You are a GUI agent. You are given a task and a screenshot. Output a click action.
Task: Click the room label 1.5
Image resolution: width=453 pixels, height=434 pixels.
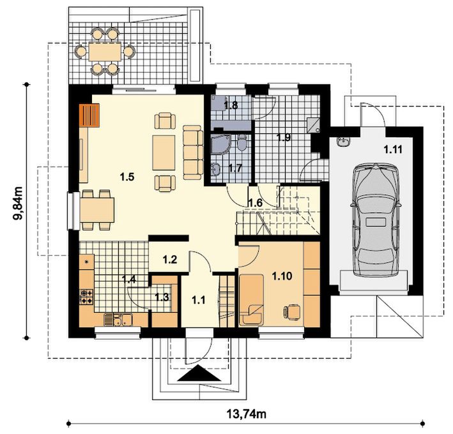coord(127,177)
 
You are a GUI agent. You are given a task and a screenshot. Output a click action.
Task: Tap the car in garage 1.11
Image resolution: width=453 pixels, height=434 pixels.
coord(376,220)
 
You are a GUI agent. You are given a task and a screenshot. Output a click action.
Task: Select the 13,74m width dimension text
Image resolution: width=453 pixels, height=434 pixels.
coord(247,414)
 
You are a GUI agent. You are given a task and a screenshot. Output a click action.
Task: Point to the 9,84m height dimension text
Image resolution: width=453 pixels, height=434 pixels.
coord(18,203)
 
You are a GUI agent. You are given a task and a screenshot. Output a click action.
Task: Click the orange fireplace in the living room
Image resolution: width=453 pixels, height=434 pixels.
coord(89,116)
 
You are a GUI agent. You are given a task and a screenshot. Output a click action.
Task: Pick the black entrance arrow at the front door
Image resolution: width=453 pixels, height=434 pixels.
coord(199,373)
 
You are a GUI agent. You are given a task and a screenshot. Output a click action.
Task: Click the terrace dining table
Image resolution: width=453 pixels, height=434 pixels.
coord(105,52)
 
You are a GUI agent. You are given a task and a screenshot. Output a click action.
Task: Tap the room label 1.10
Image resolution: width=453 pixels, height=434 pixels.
coord(282,276)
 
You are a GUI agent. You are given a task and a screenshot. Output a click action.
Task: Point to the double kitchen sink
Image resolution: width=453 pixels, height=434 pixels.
coord(118,320)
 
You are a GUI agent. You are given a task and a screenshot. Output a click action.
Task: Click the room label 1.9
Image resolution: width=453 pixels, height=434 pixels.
coord(284,138)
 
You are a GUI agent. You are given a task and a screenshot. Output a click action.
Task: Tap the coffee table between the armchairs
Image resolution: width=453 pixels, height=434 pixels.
coord(164,153)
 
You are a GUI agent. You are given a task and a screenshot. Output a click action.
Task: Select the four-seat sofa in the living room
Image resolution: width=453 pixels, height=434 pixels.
coord(193,153)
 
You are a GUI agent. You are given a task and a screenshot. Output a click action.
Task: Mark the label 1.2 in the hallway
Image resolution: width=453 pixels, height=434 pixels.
coord(169,260)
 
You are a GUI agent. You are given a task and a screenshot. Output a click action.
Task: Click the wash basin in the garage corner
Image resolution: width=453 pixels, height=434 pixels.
coord(343,142)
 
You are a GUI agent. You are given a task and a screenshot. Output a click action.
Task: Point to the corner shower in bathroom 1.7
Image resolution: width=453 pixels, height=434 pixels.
coord(220,144)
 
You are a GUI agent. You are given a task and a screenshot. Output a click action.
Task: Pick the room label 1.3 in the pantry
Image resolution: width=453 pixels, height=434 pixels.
coord(162,297)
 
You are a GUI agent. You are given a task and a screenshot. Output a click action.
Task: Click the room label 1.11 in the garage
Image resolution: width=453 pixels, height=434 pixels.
coord(393,149)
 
